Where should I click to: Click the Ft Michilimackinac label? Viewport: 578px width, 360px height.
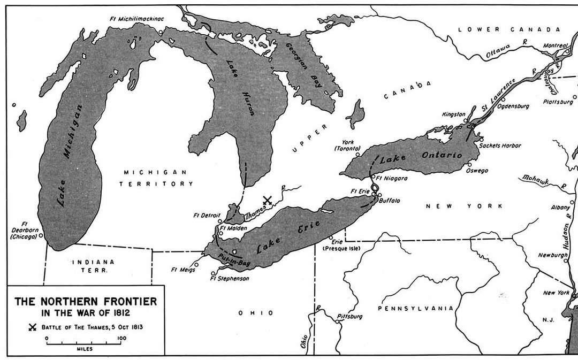[136, 19]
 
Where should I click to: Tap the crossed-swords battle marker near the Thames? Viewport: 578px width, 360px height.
[268, 201]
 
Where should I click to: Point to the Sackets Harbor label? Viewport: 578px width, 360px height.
[500, 145]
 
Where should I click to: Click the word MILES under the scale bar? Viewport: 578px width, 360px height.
[84, 348]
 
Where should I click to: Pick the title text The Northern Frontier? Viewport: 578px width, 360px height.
[86, 302]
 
